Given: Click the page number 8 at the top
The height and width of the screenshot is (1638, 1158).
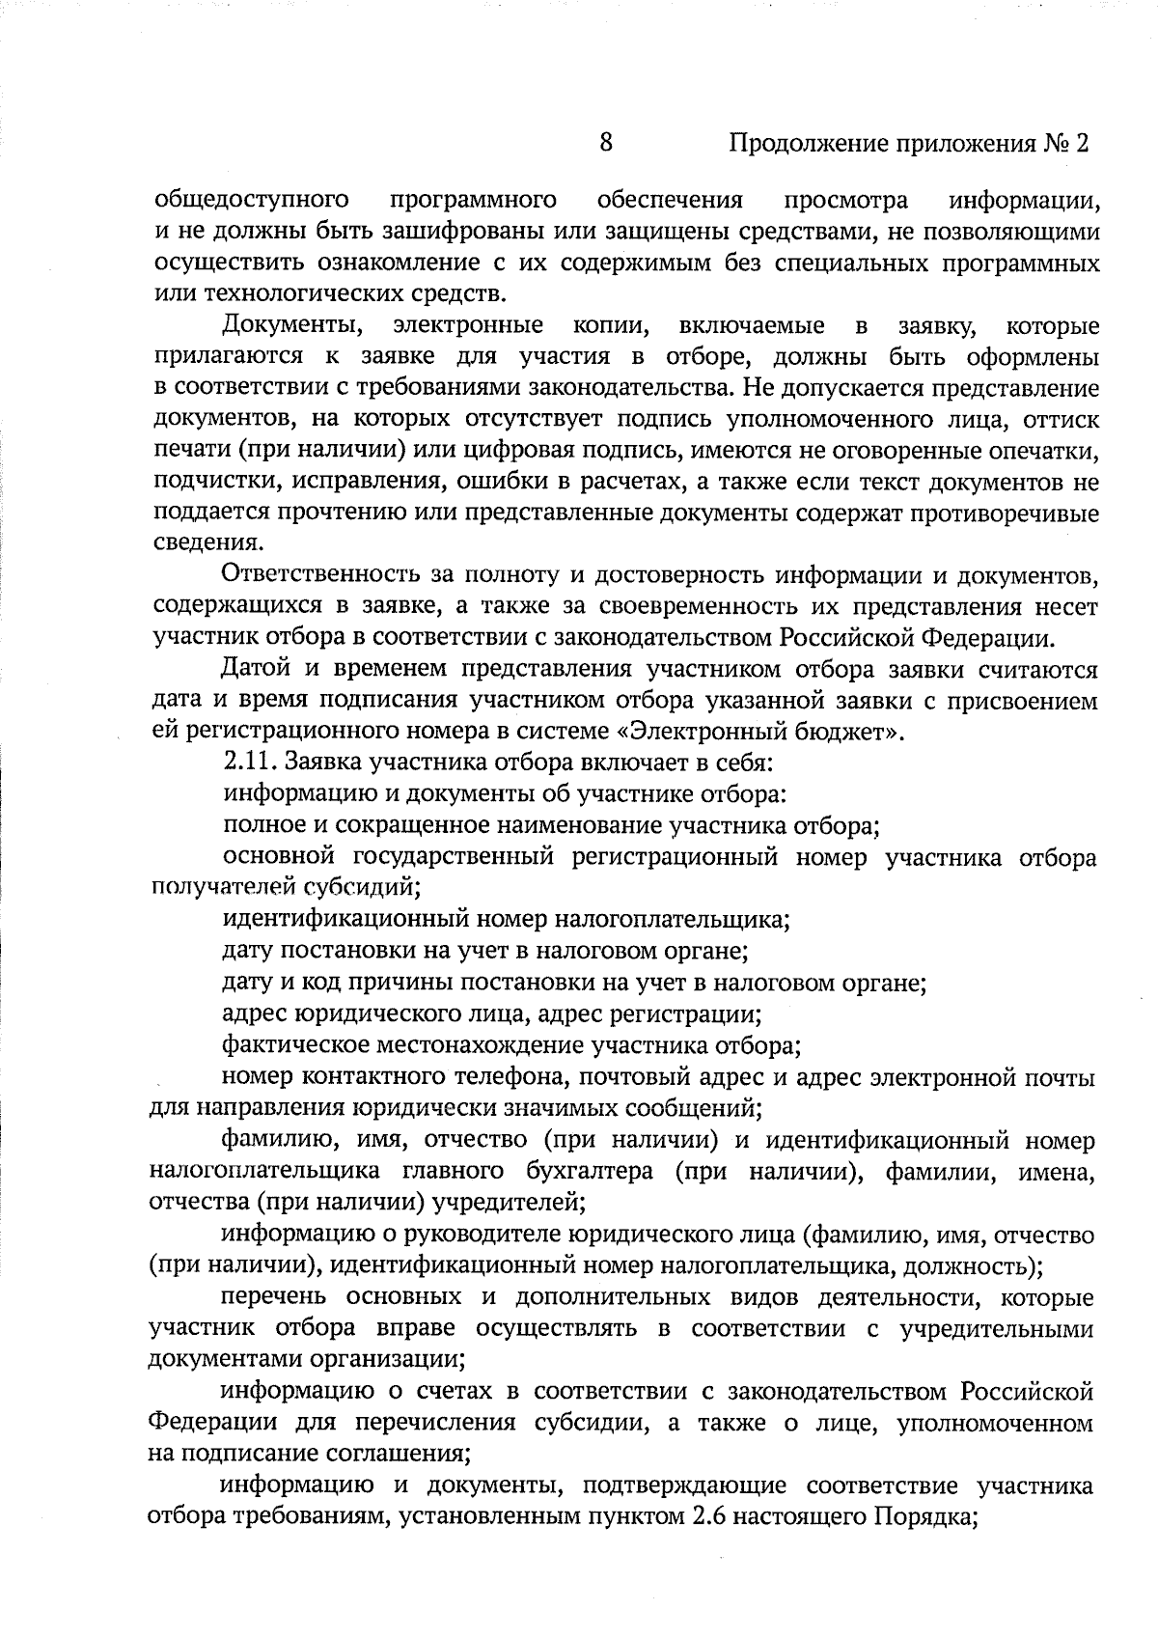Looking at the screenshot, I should point(606,143).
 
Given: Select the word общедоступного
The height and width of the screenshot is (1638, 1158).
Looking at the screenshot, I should point(251,201).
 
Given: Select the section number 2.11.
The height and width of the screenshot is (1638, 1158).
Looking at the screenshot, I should point(248,763).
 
